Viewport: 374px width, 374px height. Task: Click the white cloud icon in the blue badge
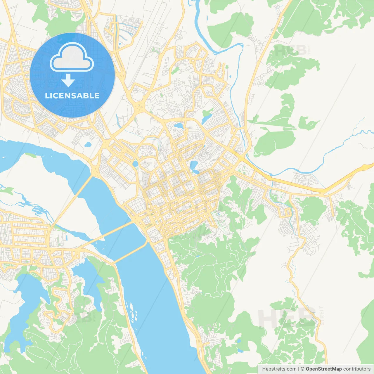coord(72,58)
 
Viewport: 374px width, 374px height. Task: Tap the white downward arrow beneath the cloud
coord(68,80)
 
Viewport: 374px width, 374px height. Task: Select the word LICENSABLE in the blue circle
coord(72,96)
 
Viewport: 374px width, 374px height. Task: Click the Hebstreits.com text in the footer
coord(279,369)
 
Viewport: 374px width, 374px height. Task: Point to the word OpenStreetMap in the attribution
coord(323,369)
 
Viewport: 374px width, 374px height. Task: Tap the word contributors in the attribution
coord(357,369)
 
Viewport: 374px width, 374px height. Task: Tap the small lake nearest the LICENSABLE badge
coord(87,144)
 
